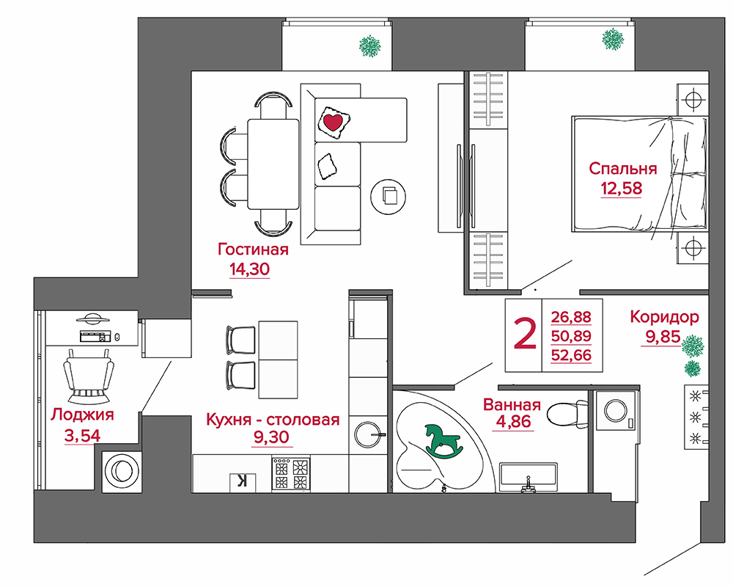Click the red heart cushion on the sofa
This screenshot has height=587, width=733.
tap(332, 122)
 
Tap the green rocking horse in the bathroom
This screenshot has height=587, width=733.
tap(443, 440)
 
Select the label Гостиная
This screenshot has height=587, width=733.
tap(253, 249)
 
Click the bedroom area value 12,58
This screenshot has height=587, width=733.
tap(622, 189)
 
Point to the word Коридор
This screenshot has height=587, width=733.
tap(664, 318)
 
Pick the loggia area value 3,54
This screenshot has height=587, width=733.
tap(82, 436)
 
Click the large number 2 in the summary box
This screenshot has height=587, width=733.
tap(525, 333)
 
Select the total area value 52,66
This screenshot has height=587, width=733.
tap(571, 355)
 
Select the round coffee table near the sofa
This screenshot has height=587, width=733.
tap(388, 197)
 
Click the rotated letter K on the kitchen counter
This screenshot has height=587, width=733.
tap(243, 481)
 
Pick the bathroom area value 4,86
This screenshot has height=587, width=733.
tap(513, 422)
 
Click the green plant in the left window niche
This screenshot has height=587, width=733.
tap(369, 46)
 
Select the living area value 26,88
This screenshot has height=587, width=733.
tap(571, 317)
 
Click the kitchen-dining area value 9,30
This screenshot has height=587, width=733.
tap(272, 437)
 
